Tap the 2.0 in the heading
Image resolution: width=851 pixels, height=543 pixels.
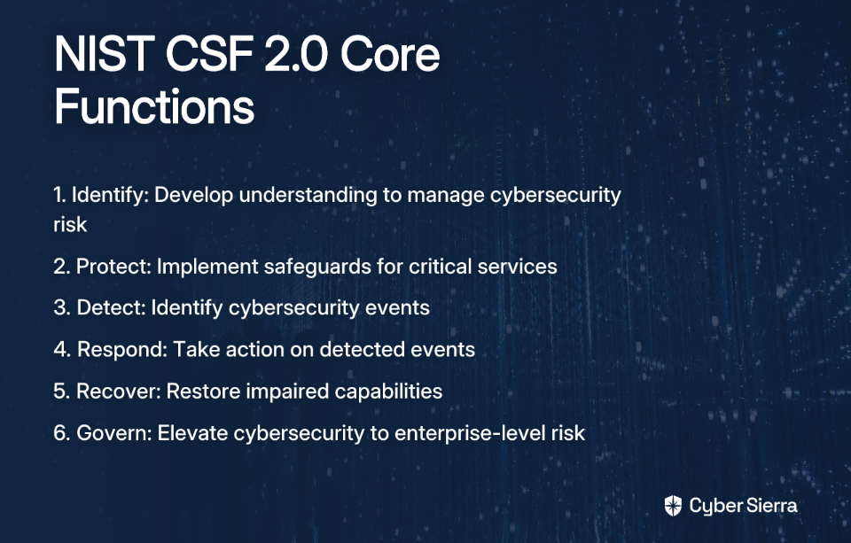point(296,54)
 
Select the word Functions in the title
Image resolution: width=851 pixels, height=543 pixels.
point(154,106)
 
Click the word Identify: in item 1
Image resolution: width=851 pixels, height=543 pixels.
point(110,196)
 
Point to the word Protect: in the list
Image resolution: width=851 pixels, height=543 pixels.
point(113,267)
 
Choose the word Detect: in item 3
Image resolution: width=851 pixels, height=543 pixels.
point(112,307)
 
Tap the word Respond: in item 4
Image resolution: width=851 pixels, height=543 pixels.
point(122,350)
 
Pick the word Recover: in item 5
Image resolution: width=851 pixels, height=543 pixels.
point(118,392)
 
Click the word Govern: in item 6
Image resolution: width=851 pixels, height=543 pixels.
point(114,433)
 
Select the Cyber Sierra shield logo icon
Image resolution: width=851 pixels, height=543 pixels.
point(673,506)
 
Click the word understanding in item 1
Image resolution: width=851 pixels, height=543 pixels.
point(308,195)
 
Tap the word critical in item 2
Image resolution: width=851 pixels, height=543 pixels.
point(441,267)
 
